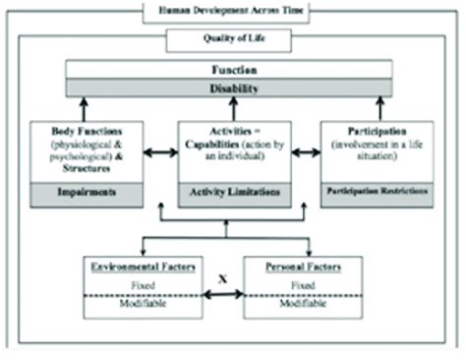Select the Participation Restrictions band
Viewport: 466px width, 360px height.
click(378, 192)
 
